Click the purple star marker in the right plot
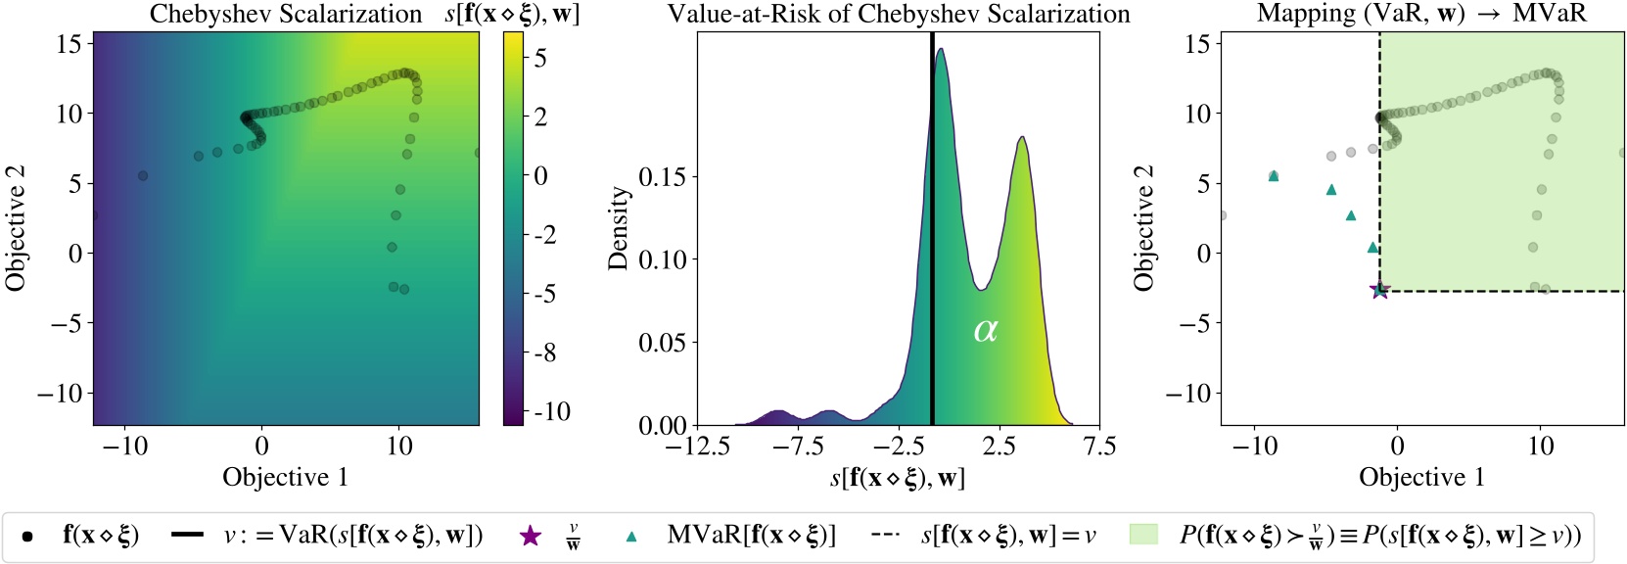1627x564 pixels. pos(1379,290)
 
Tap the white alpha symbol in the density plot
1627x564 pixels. pos(985,330)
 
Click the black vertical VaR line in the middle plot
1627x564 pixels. pos(932,245)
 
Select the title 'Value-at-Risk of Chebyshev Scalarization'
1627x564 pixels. pos(898,14)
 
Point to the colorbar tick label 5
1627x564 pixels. pos(540,58)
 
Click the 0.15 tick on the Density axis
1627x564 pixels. pos(663,176)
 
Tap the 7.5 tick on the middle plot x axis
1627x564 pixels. pos(1099,446)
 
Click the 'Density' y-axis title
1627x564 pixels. pos(618,228)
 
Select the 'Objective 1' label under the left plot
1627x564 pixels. pos(285,477)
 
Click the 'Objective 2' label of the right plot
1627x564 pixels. pos(1143,228)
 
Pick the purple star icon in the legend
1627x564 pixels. pos(530,536)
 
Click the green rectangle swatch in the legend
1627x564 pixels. pos(1142,535)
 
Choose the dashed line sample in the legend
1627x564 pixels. pos(885,536)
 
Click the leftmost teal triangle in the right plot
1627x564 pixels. pos(1274,176)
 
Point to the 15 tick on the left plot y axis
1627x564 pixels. pos(69,43)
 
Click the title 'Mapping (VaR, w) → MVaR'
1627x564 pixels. pos(1421,14)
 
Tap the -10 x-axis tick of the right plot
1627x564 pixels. pos(1254,446)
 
